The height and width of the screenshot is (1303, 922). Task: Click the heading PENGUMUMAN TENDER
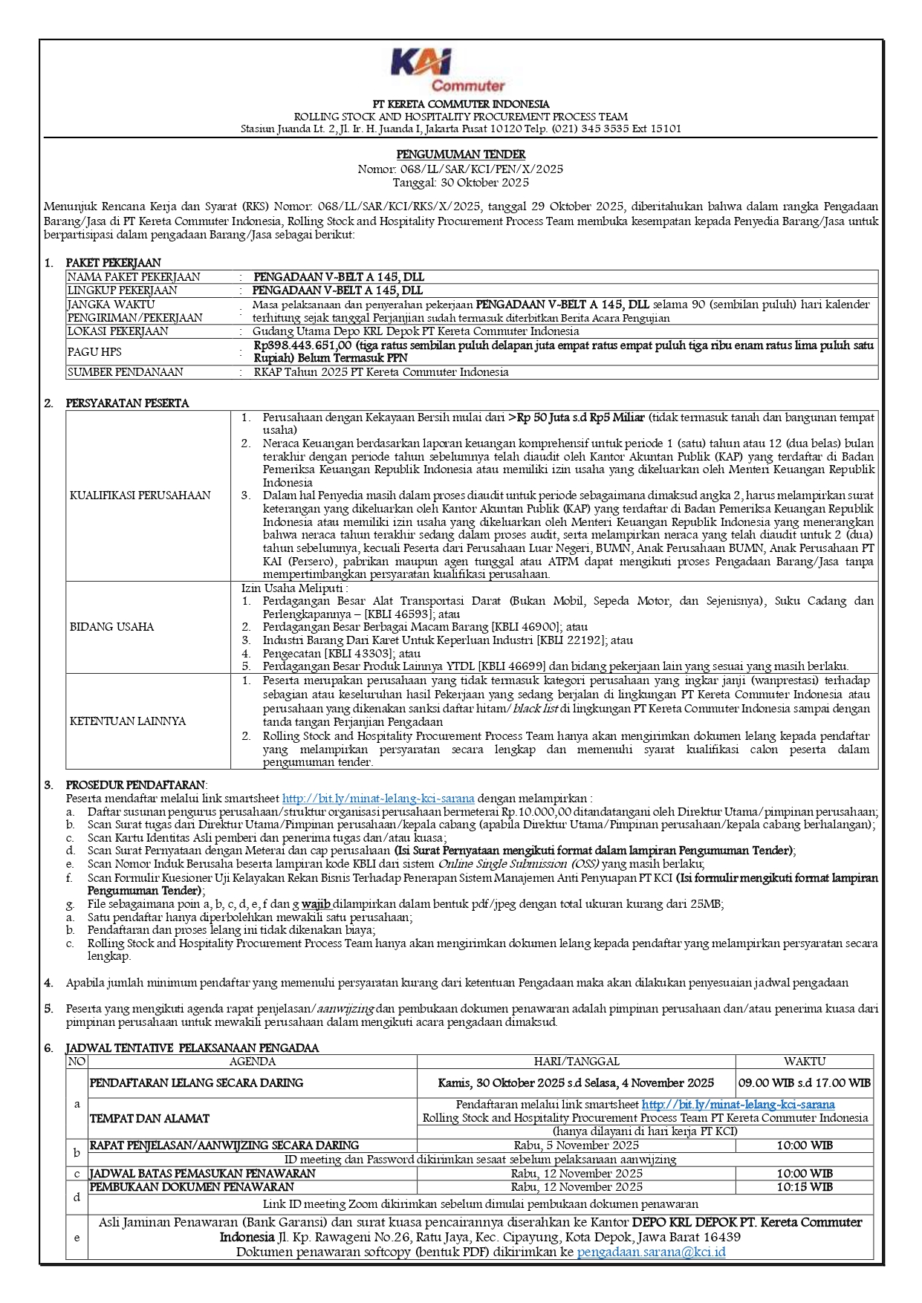[461, 155]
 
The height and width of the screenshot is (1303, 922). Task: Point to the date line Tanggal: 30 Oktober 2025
[461, 182]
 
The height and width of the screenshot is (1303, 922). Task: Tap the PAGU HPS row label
[94, 352]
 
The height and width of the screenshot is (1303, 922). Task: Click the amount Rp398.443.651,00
[302, 345]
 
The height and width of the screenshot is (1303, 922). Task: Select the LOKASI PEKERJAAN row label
[118, 331]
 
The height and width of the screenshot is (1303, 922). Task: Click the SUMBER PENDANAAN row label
[125, 372]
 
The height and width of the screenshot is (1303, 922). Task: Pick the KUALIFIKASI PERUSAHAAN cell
[140, 495]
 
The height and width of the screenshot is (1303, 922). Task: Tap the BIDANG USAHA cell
[112, 627]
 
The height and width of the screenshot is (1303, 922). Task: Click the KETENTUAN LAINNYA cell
[128, 721]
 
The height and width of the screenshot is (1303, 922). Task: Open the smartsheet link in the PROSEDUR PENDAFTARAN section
[378, 799]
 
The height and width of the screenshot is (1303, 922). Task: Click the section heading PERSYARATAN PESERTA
[127, 403]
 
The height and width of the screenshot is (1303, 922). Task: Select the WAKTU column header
[804, 1062]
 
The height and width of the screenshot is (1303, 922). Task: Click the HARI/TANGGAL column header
[577, 1062]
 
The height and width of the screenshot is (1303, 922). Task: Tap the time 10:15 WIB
[804, 1187]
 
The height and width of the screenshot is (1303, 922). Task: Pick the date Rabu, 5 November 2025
[577, 1146]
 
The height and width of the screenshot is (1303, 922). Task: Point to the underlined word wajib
[316, 904]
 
